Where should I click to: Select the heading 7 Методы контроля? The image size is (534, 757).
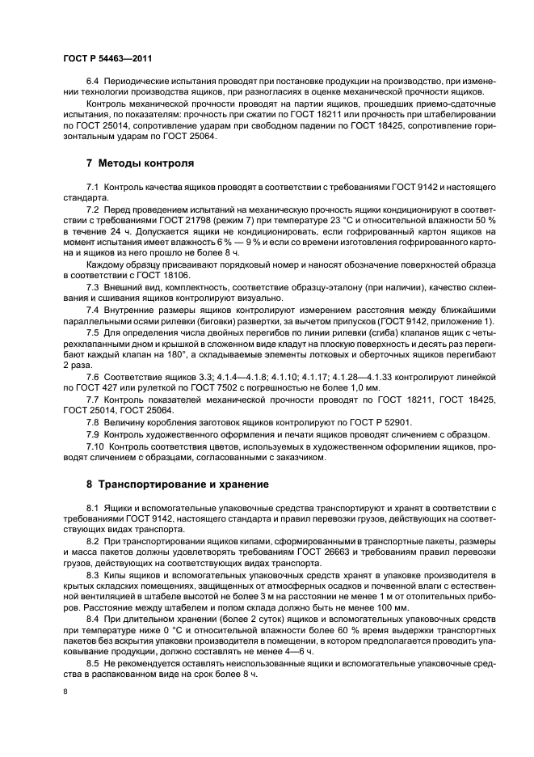click(140, 163)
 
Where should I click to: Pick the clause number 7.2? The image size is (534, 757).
click(94, 210)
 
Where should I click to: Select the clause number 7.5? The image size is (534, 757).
click(94, 332)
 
